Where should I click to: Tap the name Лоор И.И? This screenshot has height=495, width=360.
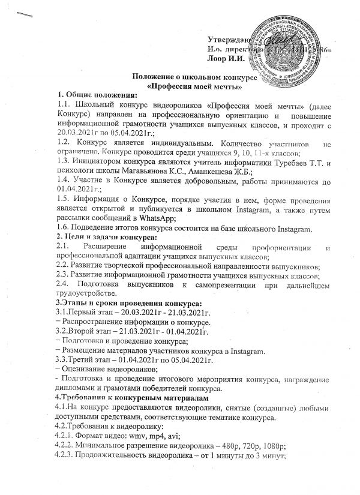[225, 59]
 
